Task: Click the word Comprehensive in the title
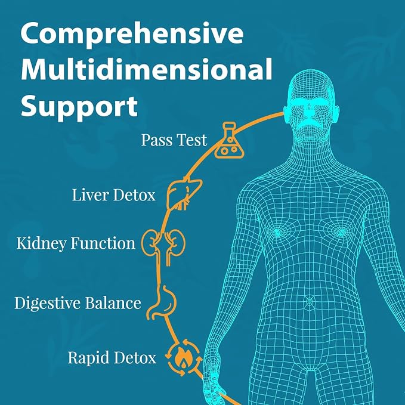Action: tap(132, 33)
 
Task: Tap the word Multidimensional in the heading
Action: tap(147, 69)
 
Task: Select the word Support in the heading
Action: tap(79, 106)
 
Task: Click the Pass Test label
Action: tap(174, 140)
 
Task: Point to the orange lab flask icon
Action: tap(229, 140)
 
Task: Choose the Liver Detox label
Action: tap(114, 195)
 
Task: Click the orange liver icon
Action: tap(184, 193)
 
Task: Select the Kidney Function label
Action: tap(76, 244)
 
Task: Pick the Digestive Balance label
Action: tap(78, 303)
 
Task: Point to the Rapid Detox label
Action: tap(112, 358)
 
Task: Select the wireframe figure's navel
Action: tap(310, 301)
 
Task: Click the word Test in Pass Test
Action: tap(191, 140)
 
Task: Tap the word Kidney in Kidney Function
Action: tap(41, 244)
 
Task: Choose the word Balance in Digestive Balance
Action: tap(113, 303)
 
